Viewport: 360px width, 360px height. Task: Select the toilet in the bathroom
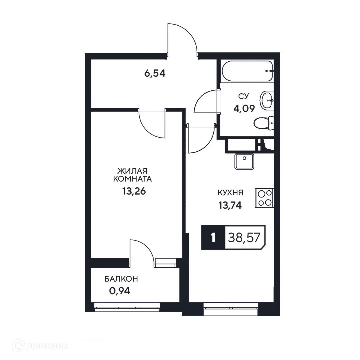[264, 123]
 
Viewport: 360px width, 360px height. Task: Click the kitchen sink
[244, 162]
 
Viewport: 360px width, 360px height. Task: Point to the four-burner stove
[264, 198]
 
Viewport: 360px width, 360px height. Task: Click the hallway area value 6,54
[155, 73]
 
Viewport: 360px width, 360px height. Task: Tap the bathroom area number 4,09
[244, 108]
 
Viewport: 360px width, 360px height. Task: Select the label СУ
[243, 96]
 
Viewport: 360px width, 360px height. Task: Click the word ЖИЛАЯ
[132, 171]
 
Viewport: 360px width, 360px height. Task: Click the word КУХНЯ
[230, 193]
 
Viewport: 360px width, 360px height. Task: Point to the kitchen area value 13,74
[230, 206]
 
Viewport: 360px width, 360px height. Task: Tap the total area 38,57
[244, 238]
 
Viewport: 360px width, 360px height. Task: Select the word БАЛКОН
[121, 279]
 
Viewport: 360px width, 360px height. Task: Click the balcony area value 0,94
[120, 291]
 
